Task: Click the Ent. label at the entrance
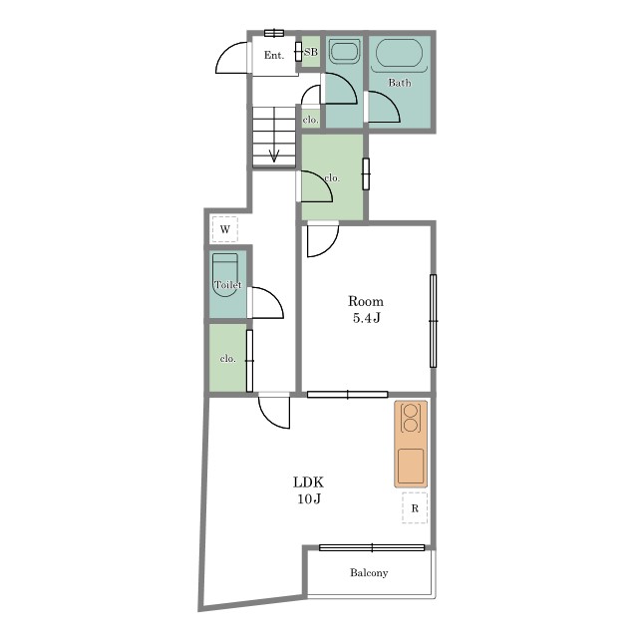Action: point(274,55)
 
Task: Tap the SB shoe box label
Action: point(311,52)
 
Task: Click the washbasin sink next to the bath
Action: point(344,52)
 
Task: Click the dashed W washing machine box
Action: point(225,229)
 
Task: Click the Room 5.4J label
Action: point(366,309)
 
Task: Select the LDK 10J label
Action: point(309,490)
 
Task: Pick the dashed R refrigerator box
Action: point(415,507)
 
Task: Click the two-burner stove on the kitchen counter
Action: point(410,418)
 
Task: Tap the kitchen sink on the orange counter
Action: point(411,466)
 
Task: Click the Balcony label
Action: point(369,573)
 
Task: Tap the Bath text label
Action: point(400,83)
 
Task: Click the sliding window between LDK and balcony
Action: point(372,547)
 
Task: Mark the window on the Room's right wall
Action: point(434,321)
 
